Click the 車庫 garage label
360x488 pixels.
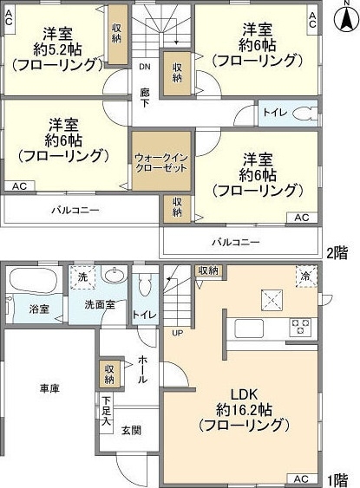click(49, 389)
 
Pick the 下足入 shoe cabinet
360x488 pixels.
click(106, 410)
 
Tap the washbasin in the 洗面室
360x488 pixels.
click(114, 277)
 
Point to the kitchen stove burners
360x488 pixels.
click(299, 328)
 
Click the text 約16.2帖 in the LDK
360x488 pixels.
click(244, 407)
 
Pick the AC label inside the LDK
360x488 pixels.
click(300, 478)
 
